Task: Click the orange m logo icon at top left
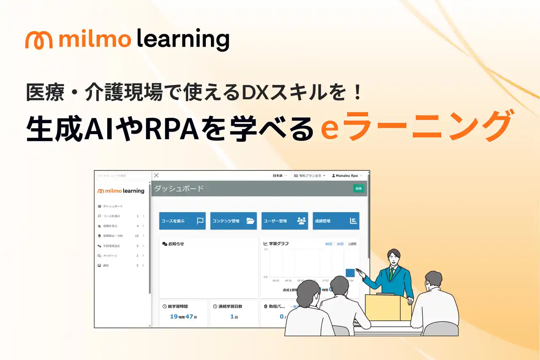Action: click(39, 40)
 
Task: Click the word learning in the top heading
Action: click(183, 40)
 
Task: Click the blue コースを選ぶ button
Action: click(182, 221)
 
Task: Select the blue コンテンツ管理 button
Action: click(233, 221)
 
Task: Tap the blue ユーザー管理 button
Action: click(285, 221)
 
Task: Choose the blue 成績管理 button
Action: click(336, 221)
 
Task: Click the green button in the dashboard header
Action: click(358, 188)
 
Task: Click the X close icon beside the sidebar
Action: click(156, 175)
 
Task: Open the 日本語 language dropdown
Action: click(279, 175)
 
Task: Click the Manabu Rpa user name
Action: click(347, 175)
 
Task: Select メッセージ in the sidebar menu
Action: click(110, 256)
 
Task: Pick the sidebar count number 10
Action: click(137, 236)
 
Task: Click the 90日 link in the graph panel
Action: click(329, 244)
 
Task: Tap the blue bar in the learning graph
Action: click(350, 273)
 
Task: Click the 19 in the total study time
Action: click(174, 316)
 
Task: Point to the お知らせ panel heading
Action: click(176, 244)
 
